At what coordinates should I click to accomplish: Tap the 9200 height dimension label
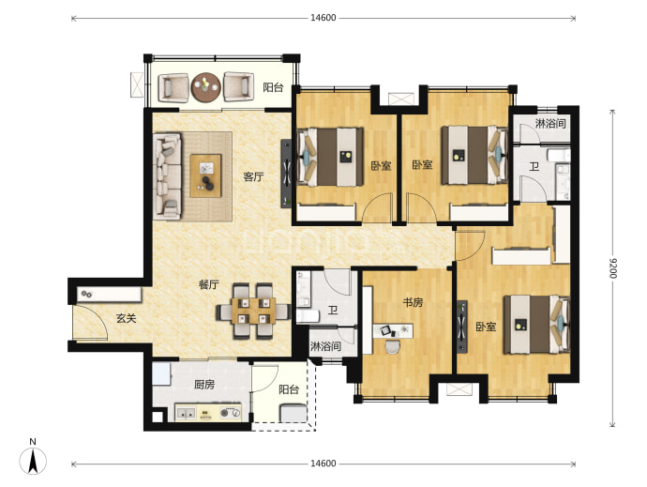click(612, 268)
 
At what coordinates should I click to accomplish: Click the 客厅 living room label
click(253, 176)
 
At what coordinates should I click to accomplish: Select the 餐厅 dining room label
click(209, 284)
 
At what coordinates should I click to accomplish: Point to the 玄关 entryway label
click(126, 318)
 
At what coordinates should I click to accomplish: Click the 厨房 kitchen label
click(204, 385)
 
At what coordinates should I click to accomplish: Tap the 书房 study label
click(413, 302)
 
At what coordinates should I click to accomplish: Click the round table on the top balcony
click(206, 87)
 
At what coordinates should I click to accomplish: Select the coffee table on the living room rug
click(206, 175)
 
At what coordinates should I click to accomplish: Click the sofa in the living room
click(167, 175)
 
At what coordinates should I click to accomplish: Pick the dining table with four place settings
click(253, 311)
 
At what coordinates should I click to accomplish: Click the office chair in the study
click(392, 346)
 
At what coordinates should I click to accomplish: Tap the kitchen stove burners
click(230, 412)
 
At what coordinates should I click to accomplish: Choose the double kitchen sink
click(186, 412)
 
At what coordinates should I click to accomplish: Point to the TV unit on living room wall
click(286, 174)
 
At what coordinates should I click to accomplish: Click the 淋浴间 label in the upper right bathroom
click(550, 123)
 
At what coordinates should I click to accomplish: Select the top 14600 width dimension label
click(323, 18)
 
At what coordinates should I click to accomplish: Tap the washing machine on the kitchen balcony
click(293, 413)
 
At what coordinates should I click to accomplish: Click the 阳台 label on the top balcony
click(273, 87)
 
